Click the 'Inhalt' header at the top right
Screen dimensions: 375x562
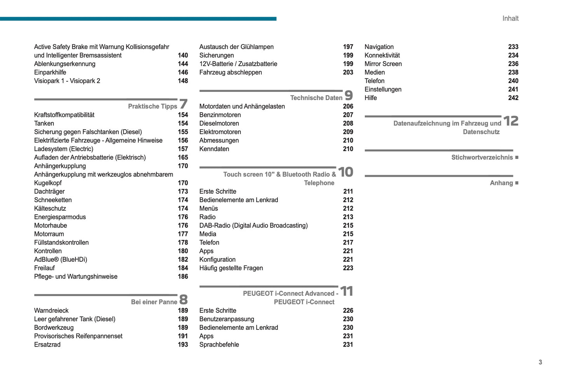pyautogui.click(x=510, y=18)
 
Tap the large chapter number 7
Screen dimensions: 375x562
pyautogui.click(x=183, y=104)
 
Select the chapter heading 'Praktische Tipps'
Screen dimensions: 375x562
pyautogui.click(x=152, y=106)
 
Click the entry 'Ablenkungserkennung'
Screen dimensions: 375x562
pyautogui.click(x=65, y=64)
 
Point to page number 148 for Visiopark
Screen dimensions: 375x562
pyautogui.click(x=183, y=81)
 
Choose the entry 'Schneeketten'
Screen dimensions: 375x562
pyautogui.click(x=53, y=200)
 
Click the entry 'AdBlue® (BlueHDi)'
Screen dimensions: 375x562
pyautogui.click(x=61, y=260)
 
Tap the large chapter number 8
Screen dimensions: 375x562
pyautogui.click(x=183, y=299)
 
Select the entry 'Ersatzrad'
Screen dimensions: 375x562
pyautogui.click(x=47, y=345)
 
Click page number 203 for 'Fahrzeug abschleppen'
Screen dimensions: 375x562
pyautogui.click(x=348, y=72)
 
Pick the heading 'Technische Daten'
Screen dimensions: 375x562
pyautogui.click(x=316, y=98)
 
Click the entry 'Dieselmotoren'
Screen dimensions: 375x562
pyautogui.click(x=219, y=123)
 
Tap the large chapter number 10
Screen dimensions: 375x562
pyautogui.click(x=345, y=172)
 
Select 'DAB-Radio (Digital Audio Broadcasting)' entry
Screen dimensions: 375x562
pyautogui.click(x=254, y=225)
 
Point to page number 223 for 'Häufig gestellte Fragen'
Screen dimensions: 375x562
pyautogui.click(x=348, y=268)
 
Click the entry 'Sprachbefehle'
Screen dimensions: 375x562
pyautogui.click(x=219, y=345)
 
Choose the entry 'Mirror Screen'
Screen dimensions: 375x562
pyautogui.click(x=383, y=64)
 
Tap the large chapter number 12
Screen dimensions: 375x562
pyautogui.click(x=511, y=121)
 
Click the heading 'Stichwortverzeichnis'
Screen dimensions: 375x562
pyautogui.click(x=482, y=158)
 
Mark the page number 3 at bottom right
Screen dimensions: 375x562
pyautogui.click(x=540, y=362)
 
